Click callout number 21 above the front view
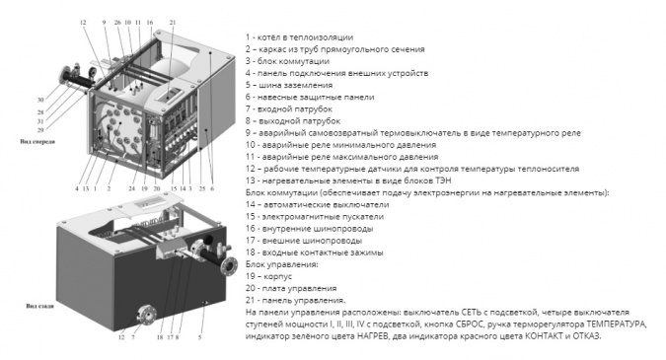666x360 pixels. coord(172,23)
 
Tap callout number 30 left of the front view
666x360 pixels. coord(40,101)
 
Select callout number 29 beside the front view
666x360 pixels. coord(40,130)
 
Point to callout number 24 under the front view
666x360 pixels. coord(131,188)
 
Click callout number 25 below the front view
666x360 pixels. coord(201,188)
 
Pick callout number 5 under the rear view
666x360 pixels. coord(199,337)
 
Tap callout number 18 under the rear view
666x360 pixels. coord(160,337)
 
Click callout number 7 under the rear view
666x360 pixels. coord(133,337)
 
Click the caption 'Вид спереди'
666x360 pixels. coord(37,142)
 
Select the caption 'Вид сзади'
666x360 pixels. coord(39,306)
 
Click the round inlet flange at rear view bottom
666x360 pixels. coord(145,318)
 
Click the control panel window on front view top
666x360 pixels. coord(169,95)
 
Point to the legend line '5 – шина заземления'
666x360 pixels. coord(289,85)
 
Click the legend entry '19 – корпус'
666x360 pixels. coord(268,276)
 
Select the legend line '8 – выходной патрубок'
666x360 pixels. coord(293,121)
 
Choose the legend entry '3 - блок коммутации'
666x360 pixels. coord(287,61)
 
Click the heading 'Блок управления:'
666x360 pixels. coord(281,264)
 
